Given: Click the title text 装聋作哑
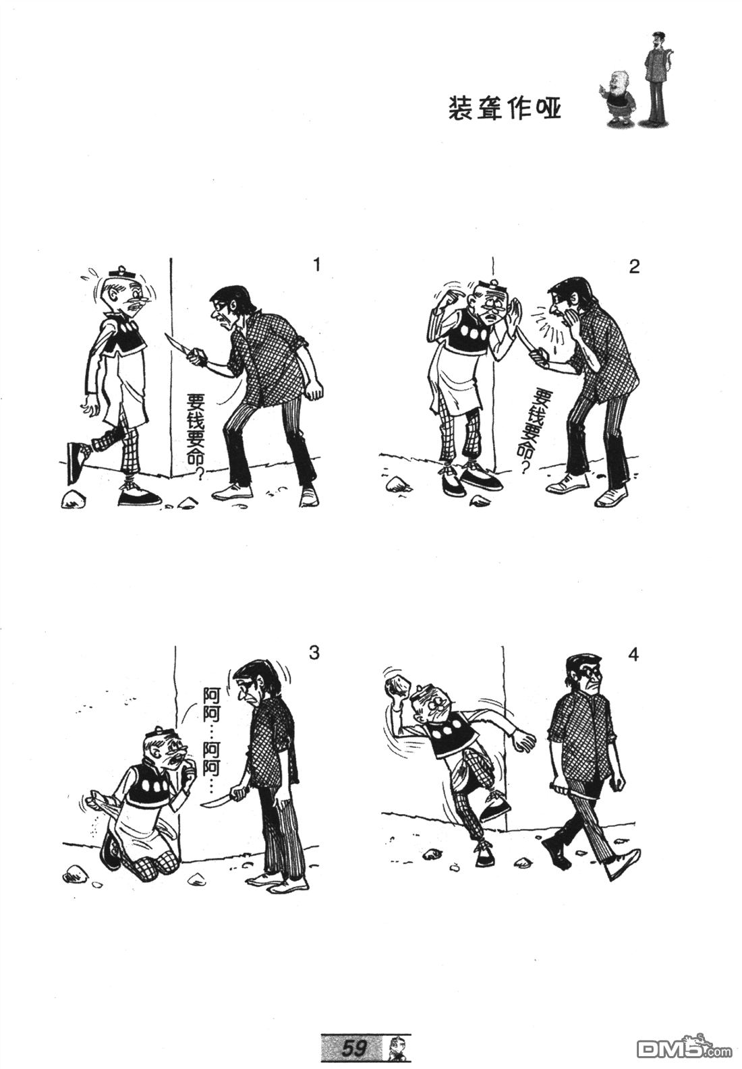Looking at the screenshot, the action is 505,109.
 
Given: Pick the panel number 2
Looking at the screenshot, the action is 633,267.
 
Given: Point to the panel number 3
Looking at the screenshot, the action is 314,652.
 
